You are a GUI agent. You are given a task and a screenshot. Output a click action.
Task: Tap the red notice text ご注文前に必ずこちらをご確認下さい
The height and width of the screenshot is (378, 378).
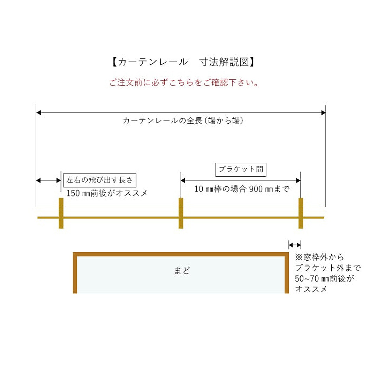click(x=184, y=82)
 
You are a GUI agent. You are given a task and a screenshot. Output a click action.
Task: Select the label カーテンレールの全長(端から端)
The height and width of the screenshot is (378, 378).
click(x=183, y=120)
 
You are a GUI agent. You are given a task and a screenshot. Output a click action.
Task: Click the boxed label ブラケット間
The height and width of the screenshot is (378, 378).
click(x=241, y=170)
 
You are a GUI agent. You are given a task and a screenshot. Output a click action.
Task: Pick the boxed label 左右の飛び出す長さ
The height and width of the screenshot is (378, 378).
click(x=100, y=180)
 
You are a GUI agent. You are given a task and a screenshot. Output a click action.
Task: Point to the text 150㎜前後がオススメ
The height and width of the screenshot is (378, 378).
click(x=107, y=193)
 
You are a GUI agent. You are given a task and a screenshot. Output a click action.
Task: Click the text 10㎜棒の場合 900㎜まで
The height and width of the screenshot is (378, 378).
click(x=242, y=189)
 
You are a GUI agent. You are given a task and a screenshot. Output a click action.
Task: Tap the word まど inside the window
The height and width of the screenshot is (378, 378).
click(x=182, y=271)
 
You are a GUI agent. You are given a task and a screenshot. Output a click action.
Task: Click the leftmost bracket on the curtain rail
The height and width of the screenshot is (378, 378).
click(x=61, y=213)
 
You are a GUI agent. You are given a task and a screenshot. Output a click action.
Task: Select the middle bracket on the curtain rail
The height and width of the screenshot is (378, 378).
click(x=181, y=213)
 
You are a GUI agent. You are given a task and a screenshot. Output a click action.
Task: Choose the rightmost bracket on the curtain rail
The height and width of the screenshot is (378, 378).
click(x=301, y=213)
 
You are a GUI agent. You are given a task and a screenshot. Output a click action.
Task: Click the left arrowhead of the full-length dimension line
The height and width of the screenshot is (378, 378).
click(x=39, y=113)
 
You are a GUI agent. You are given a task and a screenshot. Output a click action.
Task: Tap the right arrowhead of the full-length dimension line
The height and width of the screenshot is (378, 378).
click(x=323, y=113)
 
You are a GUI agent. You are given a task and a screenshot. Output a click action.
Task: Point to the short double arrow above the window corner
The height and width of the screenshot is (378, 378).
click(x=295, y=245)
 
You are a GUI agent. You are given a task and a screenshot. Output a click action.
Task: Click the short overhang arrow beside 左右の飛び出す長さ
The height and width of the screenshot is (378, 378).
click(x=48, y=180)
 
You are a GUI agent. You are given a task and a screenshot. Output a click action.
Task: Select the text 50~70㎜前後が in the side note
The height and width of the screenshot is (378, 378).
click(x=325, y=278)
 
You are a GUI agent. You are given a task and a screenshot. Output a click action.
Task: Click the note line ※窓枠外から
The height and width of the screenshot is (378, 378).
click(x=319, y=257)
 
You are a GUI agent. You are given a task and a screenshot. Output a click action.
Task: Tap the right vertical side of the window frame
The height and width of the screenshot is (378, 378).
click(x=286, y=273)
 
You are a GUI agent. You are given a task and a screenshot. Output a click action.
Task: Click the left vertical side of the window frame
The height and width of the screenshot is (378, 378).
click(x=75, y=273)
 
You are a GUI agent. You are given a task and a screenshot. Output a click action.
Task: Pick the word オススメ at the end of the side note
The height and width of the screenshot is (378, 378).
click(x=311, y=289)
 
